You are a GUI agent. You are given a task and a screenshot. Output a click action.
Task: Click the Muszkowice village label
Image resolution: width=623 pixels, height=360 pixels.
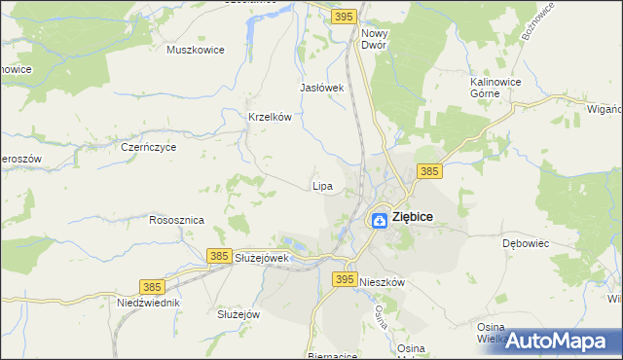click(196, 50)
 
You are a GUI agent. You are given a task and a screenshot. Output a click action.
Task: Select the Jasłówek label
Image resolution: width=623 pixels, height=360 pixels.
click(323, 88)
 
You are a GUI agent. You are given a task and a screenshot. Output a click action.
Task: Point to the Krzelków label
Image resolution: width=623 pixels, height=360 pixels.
click(271, 117)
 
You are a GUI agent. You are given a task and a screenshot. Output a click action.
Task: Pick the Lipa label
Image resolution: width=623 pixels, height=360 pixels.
click(322, 185)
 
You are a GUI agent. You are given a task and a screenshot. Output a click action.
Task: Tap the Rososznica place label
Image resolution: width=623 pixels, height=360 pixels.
click(176, 220)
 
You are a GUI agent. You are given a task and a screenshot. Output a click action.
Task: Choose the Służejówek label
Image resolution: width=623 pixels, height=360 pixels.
click(263, 258)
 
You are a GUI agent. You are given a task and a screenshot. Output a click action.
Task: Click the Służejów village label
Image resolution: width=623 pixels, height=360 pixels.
click(238, 314)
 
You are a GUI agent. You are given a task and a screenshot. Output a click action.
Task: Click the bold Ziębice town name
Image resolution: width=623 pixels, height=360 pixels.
click(413, 218)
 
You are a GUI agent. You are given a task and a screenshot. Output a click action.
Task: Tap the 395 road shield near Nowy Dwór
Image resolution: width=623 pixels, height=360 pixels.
click(343, 17)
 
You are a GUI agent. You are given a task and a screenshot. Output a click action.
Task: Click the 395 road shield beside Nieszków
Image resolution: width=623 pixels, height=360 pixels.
click(344, 279)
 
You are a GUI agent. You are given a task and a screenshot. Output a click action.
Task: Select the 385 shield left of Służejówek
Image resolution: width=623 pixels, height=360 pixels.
click(219, 256)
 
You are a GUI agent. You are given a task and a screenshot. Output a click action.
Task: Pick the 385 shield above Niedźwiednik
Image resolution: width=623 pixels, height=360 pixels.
click(151, 287)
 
